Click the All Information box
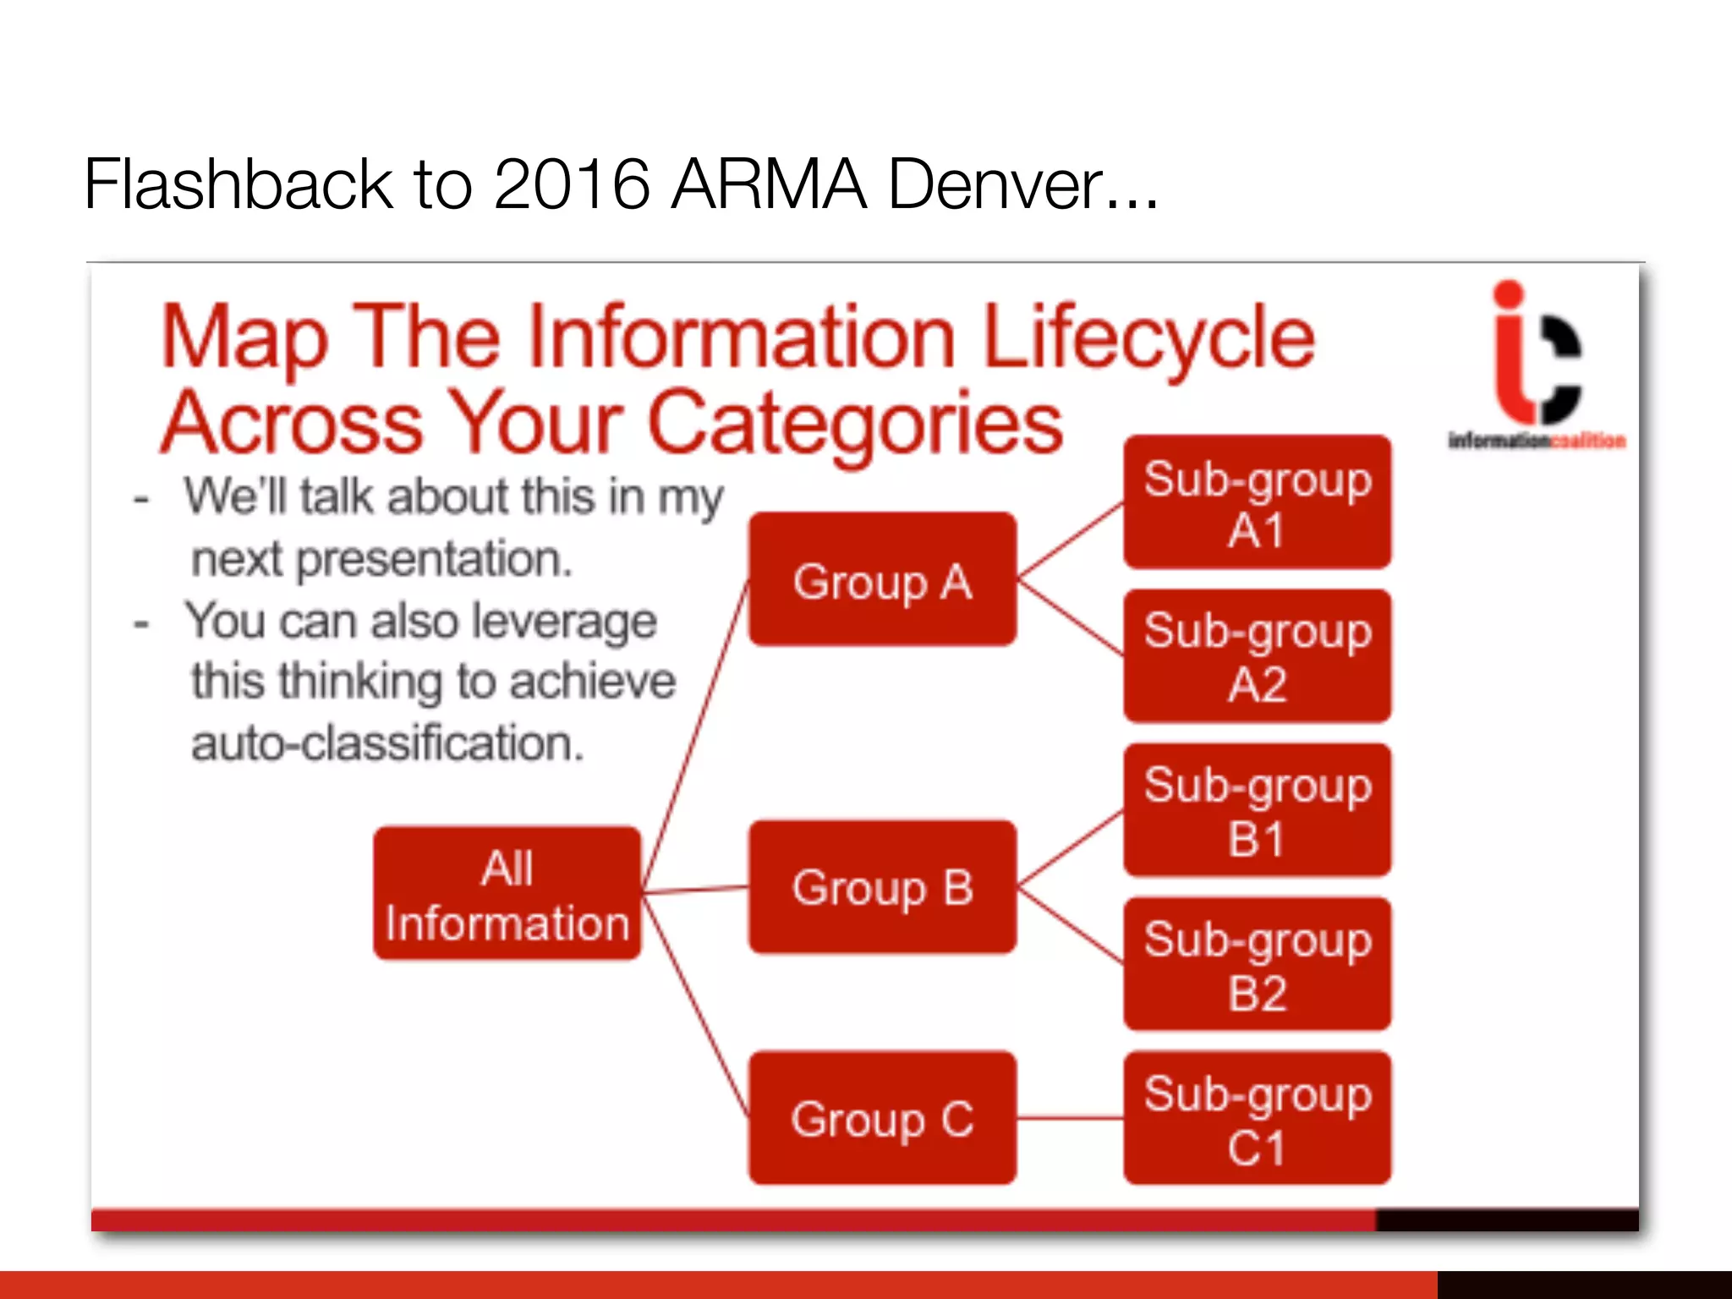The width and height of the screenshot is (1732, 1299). click(x=507, y=894)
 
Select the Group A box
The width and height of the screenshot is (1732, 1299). click(x=882, y=580)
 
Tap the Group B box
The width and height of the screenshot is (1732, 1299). click(x=882, y=887)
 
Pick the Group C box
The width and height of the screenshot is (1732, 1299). click(x=882, y=1118)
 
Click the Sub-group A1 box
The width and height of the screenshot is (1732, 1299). click(x=1257, y=502)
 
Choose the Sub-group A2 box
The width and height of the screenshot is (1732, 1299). click(x=1257, y=656)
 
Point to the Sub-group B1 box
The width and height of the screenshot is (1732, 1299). click(x=1257, y=810)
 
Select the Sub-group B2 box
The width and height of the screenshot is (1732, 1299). click(x=1257, y=964)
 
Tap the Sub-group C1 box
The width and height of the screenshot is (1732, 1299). click(x=1257, y=1118)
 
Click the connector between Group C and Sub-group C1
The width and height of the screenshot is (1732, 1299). click(x=1070, y=1118)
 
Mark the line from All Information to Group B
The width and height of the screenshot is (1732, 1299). click(x=695, y=890)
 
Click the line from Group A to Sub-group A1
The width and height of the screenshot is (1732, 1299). click(x=1070, y=541)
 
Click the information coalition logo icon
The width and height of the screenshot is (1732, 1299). click(x=1535, y=355)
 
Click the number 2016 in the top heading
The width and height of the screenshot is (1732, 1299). click(x=571, y=184)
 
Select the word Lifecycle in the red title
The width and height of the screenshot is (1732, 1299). click(x=1148, y=338)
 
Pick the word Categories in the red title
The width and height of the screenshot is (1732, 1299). click(x=854, y=423)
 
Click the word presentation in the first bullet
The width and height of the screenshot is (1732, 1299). click(x=434, y=560)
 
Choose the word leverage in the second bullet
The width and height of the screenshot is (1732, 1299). click(x=563, y=622)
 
